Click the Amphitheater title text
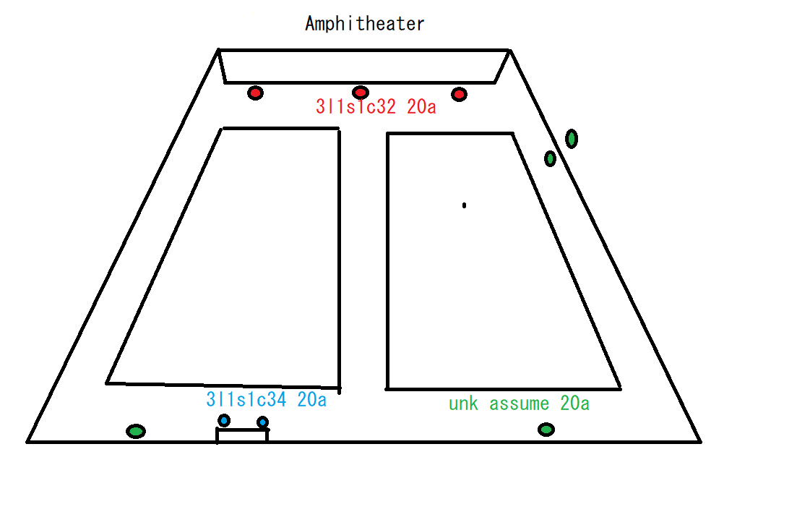point(364,24)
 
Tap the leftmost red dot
point(255,93)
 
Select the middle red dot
point(361,92)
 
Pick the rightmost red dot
point(459,94)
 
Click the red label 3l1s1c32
point(356,108)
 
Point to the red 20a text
point(421,108)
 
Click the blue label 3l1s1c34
point(246,399)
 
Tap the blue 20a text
point(311,399)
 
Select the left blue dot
point(224,420)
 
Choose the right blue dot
point(262,422)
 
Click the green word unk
point(463,404)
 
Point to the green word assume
point(519,404)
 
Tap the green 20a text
point(574,404)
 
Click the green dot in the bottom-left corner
point(135,431)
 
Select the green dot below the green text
point(546,430)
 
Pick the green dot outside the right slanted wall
point(572,138)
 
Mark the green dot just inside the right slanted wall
point(550,158)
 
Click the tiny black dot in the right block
point(464,205)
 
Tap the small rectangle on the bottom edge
point(242,435)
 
